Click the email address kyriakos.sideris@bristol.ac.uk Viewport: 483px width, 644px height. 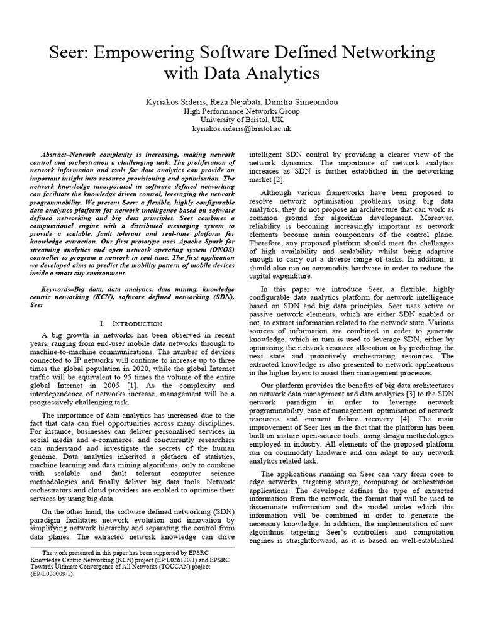coord(241,128)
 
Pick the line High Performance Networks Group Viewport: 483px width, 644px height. coord(241,111)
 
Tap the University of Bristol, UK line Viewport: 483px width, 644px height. coord(241,119)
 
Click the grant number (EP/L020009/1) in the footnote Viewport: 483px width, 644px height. coord(58,574)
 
